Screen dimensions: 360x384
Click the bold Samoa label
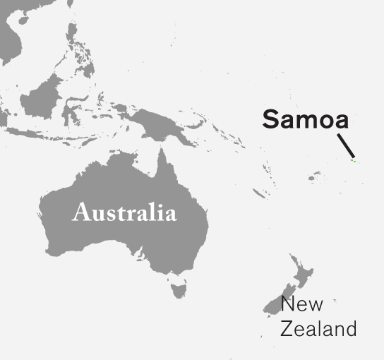coord(306,119)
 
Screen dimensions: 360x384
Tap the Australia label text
coord(124,212)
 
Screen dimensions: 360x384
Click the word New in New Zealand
coord(301,305)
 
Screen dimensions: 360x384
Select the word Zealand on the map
coord(318,329)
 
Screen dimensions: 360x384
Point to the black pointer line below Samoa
coord(344,145)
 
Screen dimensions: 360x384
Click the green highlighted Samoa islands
coord(354,161)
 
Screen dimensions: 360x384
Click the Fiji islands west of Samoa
coord(311,177)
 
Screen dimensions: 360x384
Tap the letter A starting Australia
coord(81,212)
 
